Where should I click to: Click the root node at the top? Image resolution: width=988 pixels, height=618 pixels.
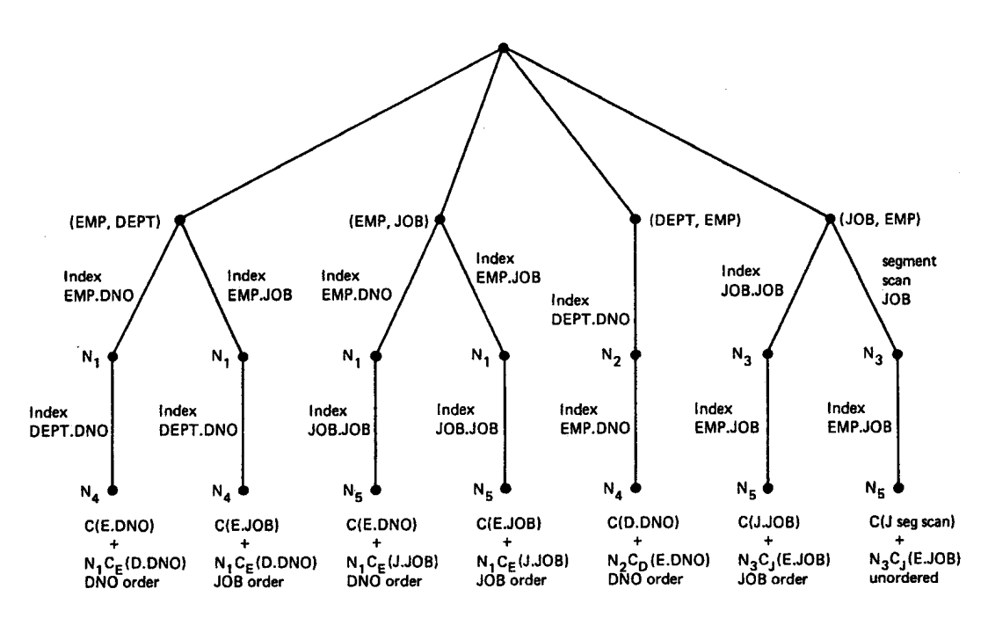tap(502, 47)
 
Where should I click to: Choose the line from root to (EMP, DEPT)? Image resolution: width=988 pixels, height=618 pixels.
tap(340, 132)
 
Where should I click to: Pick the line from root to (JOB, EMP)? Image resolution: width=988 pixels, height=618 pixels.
tap(667, 132)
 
